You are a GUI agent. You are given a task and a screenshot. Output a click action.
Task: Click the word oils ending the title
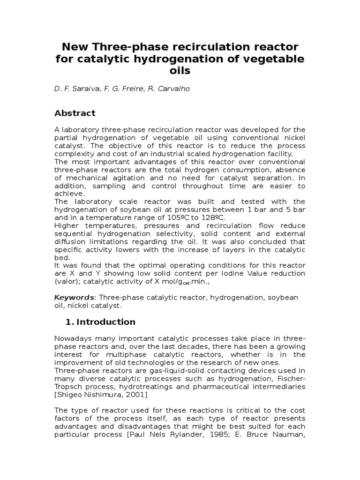pos(180,71)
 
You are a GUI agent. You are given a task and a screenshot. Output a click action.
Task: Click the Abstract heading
pos(75,113)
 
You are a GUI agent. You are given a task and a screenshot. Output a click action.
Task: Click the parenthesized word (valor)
pos(67,281)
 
